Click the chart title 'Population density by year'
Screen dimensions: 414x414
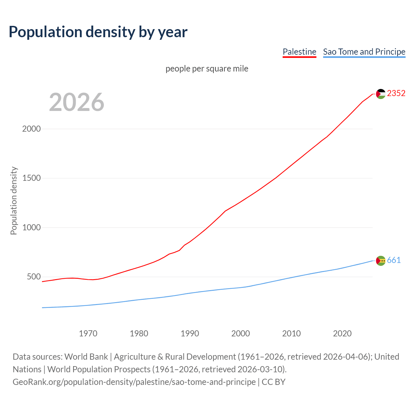pos(98,32)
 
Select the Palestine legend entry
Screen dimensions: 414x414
pos(299,52)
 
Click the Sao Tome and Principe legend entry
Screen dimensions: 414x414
pos(364,52)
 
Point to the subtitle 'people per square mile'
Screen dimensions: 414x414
pos(207,69)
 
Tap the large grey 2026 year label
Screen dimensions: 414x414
pos(77,102)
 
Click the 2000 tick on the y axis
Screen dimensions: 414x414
pos(31,129)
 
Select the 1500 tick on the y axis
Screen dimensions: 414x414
pos(31,178)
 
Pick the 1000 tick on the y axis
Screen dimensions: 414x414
pos(31,228)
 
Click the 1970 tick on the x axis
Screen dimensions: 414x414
pos(88,333)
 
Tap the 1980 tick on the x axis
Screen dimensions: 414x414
pos(139,333)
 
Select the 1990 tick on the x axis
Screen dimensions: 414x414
pos(190,333)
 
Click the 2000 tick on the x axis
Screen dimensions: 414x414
pos(241,333)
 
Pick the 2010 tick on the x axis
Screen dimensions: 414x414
pos(291,333)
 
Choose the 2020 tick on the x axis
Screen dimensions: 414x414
pos(342,333)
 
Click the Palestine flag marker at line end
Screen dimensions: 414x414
pos(381,94)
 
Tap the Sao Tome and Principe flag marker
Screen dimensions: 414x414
pos(381,261)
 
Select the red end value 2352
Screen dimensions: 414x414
pos(396,93)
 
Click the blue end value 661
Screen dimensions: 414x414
pos(394,260)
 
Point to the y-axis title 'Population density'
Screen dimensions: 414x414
pos(14,201)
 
